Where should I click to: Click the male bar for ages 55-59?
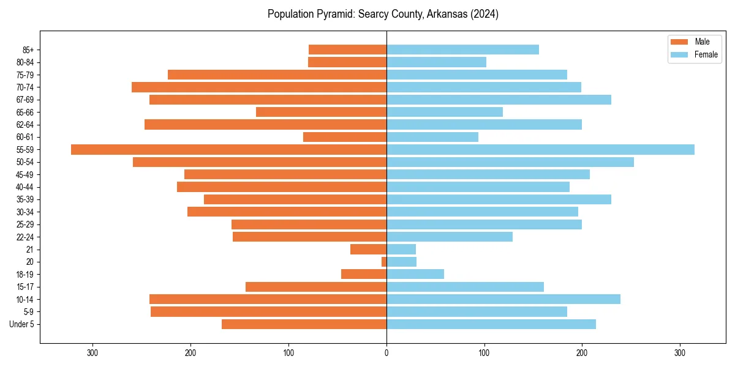tap(228, 149)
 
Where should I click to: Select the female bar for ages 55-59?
tap(540, 149)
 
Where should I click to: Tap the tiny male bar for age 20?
tap(384, 262)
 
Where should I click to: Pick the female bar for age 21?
tap(401, 249)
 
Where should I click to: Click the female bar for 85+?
tap(462, 50)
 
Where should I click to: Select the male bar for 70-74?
tap(259, 87)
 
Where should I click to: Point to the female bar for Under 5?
tap(491, 324)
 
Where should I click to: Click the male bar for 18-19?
tap(364, 274)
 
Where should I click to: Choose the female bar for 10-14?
tap(503, 299)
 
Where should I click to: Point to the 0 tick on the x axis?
tap(386, 353)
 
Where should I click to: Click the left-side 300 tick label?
tap(92, 353)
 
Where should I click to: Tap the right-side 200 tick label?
tap(582, 353)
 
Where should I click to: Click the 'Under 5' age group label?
tap(21, 324)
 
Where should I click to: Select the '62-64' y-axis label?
tap(24, 125)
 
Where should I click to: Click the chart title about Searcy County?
tap(383, 14)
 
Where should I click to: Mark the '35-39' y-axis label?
tap(24, 199)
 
